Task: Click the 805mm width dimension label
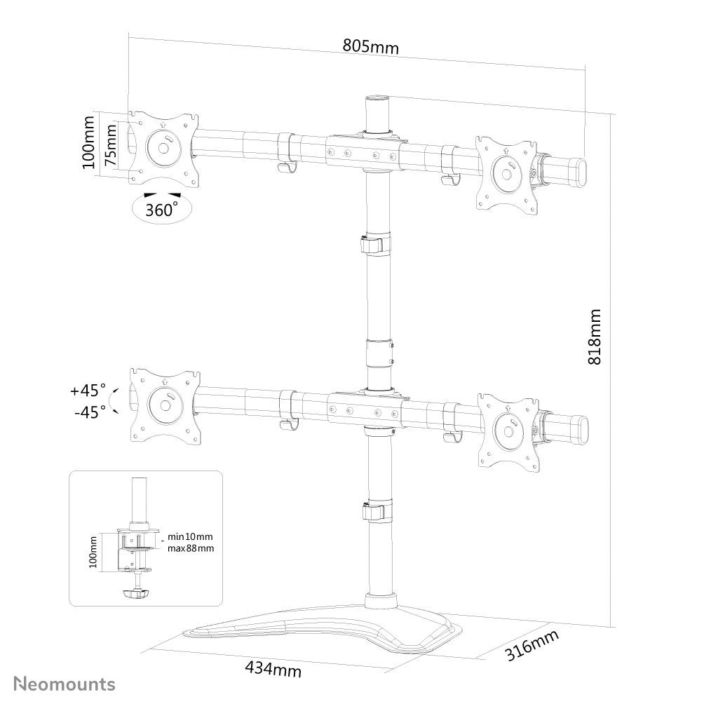[370, 46]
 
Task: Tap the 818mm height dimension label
[595, 337]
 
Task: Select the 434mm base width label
[273, 669]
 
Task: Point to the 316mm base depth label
[532, 646]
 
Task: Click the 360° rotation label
[161, 209]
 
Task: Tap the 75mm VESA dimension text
[110, 145]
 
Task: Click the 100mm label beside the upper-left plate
[88, 142]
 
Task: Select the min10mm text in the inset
[189, 536]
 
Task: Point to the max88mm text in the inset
[191, 548]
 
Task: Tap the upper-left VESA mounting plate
[163, 147]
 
